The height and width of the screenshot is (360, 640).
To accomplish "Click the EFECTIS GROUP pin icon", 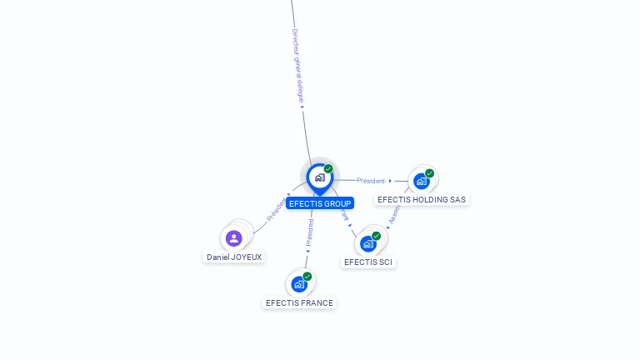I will coord(319,177).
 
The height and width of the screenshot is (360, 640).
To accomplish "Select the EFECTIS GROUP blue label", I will coord(320,203).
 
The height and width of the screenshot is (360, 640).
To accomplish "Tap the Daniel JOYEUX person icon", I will coord(234,238).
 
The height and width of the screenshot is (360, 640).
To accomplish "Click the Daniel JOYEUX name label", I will coord(234,257).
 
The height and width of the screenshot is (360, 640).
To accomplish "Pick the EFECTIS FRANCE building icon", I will coord(298,284).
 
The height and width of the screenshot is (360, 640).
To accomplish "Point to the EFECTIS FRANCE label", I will coord(299,303).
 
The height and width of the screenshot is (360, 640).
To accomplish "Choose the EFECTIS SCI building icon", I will coord(367,243).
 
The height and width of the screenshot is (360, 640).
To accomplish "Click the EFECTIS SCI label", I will coord(368,262).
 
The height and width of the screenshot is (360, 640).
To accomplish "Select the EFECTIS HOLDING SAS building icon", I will coord(421,181).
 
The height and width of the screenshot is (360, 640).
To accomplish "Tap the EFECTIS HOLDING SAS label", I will coord(422,200).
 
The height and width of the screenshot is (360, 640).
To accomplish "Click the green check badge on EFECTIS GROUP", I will coord(328,169).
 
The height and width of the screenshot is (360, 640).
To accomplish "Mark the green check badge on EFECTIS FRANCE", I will coord(307,277).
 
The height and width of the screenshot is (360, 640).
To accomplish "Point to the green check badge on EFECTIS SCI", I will coord(377,236).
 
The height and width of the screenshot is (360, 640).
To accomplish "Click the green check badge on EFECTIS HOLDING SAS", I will coord(430,173).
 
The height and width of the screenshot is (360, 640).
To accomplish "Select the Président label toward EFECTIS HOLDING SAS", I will coord(371,181).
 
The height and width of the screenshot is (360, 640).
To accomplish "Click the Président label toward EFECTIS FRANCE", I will coord(310,232).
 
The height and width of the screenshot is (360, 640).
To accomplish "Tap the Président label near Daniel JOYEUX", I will coord(275,209).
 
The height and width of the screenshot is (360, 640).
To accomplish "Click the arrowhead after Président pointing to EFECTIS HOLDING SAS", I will coord(390,181).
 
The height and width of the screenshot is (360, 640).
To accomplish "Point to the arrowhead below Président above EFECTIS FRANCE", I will coord(307,250).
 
